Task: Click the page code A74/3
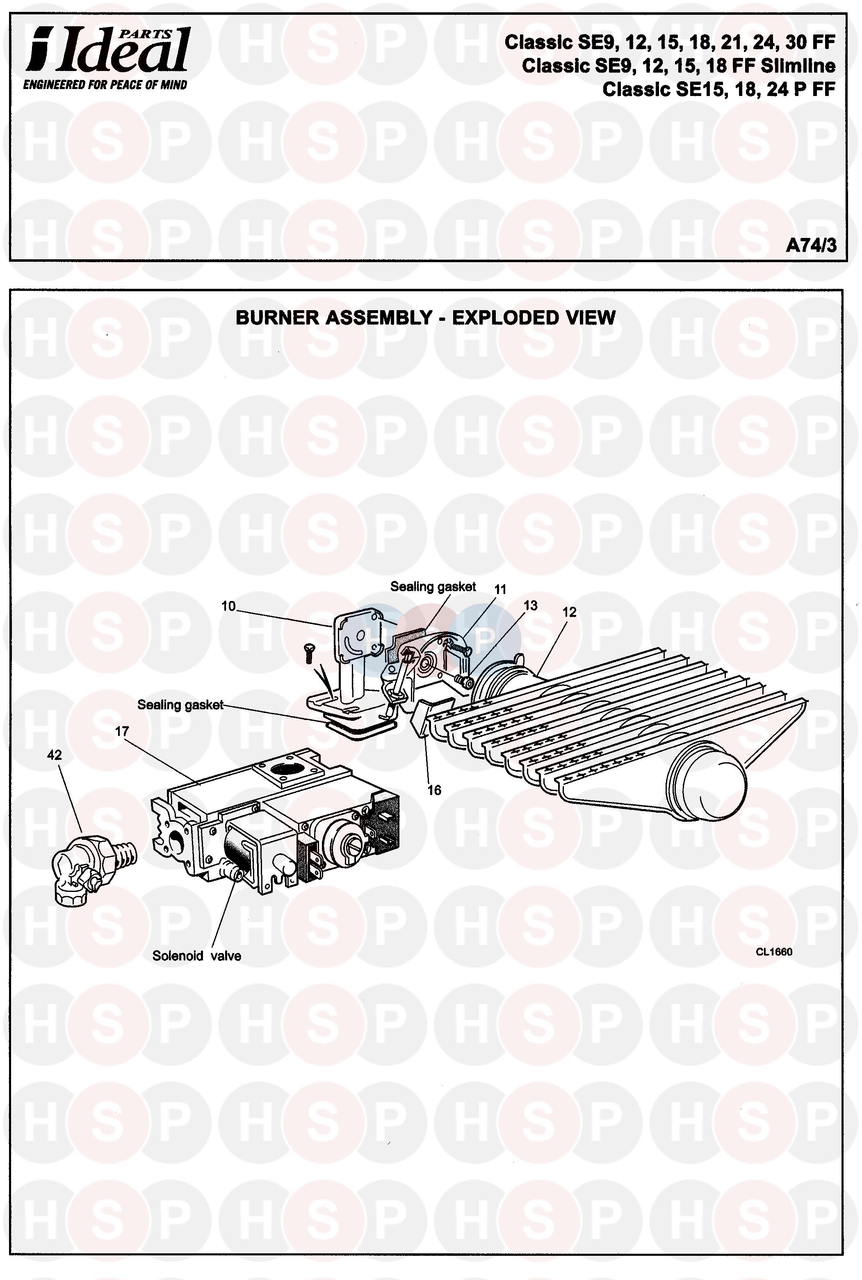(x=810, y=245)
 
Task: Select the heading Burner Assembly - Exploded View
(x=425, y=318)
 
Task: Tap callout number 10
(x=228, y=606)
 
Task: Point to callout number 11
(x=500, y=590)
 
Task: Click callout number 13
(x=530, y=606)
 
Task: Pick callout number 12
(x=569, y=612)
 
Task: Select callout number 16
(x=434, y=790)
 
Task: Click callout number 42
(x=55, y=755)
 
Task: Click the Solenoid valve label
(x=196, y=955)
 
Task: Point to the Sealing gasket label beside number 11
(x=433, y=587)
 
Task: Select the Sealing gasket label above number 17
(x=180, y=705)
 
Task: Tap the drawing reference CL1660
(x=773, y=952)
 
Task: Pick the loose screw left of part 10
(x=308, y=653)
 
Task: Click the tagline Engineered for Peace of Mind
(x=105, y=85)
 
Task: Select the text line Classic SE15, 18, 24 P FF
(x=718, y=89)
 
